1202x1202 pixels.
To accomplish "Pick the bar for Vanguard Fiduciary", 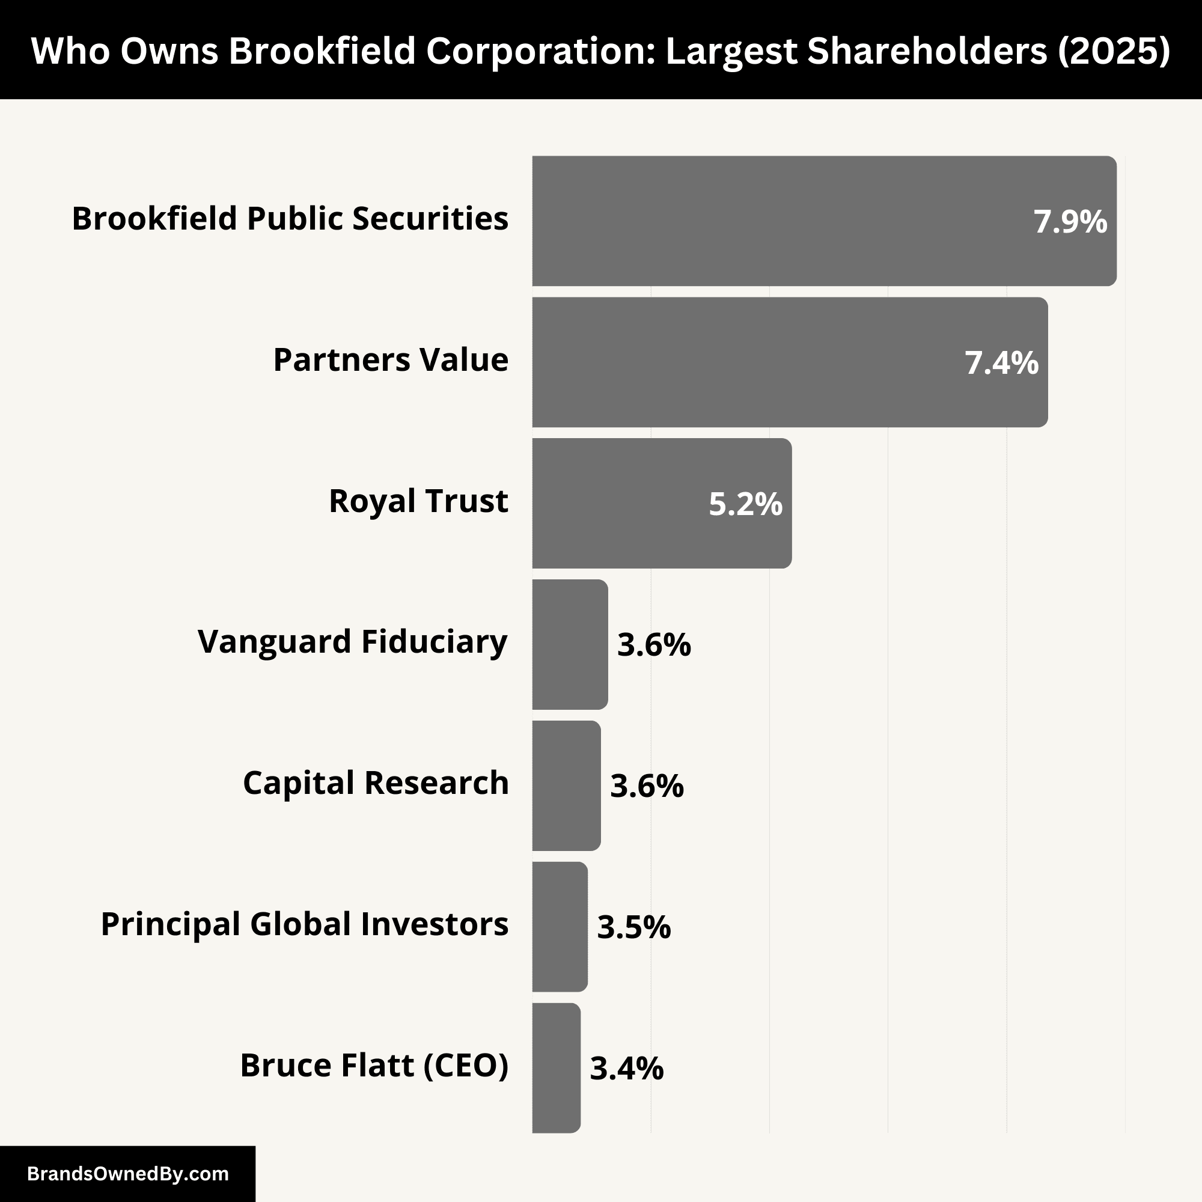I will [569, 644].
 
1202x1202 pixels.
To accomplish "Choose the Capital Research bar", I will [566, 785].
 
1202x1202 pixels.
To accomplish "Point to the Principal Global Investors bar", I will [560, 926].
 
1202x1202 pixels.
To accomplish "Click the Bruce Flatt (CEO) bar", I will [556, 1067].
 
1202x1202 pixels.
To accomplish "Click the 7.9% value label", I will [1070, 222].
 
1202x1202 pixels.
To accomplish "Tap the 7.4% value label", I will [1001, 363].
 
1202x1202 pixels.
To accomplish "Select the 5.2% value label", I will [745, 504].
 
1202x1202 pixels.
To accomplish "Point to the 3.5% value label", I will [633, 927].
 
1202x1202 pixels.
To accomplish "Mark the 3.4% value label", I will [626, 1068].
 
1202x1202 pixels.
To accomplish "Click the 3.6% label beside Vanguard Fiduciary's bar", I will [653, 644].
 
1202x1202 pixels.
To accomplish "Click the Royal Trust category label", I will [418, 501].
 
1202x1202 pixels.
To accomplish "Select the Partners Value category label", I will [391, 359].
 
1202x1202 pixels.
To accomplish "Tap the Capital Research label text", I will [376, 783].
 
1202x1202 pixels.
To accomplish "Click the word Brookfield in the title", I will [322, 50].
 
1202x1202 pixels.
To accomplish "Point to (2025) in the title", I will [1114, 50].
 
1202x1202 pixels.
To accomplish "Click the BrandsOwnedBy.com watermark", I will [127, 1174].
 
